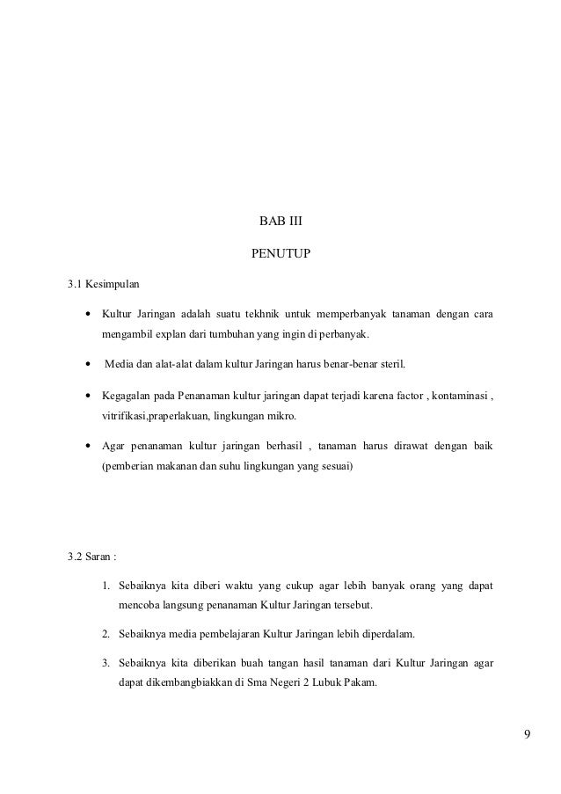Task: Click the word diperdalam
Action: click(x=384, y=633)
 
